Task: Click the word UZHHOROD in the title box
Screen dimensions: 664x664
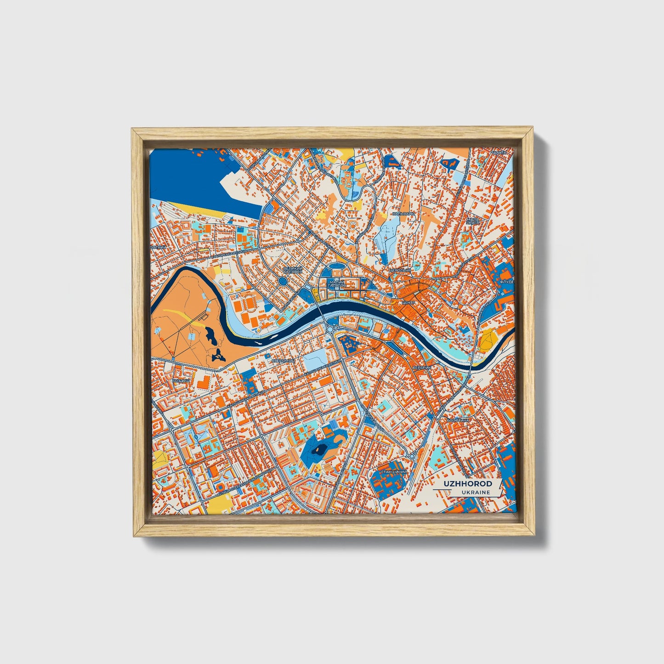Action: click(x=467, y=484)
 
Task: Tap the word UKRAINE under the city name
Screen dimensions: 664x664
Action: click(x=476, y=492)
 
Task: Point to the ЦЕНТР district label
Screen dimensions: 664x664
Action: click(x=408, y=303)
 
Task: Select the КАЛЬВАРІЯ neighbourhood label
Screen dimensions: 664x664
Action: click(x=404, y=214)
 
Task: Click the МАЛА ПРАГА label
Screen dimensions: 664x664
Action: click(x=473, y=221)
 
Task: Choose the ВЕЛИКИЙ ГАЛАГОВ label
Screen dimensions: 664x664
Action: click(x=292, y=270)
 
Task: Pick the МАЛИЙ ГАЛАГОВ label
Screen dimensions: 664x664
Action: click(x=338, y=284)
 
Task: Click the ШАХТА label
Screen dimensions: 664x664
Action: click(x=499, y=152)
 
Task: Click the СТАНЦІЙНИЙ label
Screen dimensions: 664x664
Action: click(x=394, y=471)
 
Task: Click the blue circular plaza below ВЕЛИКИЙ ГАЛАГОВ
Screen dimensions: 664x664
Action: click(x=282, y=280)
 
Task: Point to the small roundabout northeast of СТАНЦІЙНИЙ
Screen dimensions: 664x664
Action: click(x=413, y=455)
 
